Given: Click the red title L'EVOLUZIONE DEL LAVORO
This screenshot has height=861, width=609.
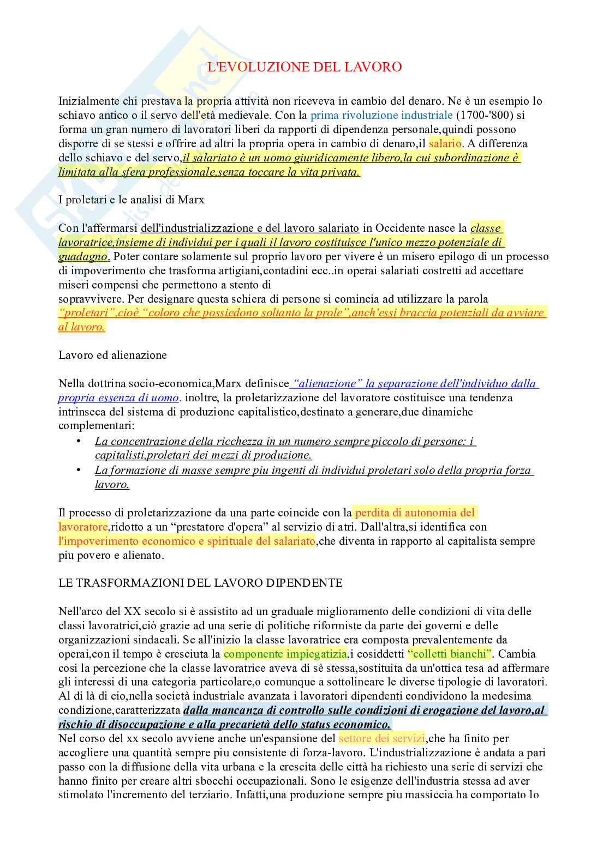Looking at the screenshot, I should click(305, 67).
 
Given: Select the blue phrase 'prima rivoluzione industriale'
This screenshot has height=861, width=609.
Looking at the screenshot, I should click(381, 115).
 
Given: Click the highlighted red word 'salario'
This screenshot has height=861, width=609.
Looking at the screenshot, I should click(445, 143).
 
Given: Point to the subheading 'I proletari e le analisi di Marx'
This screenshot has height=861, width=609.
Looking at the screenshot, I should click(132, 200).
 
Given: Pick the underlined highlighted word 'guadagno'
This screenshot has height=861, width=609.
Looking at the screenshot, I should click(83, 256).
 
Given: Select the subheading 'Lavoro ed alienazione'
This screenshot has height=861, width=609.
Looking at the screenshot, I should click(112, 355).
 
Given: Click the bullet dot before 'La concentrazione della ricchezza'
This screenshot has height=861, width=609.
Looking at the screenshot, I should click(79, 441).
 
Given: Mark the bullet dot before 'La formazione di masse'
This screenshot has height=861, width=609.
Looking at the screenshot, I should click(79, 469).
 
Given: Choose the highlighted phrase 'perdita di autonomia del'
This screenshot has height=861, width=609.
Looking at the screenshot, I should click(415, 513).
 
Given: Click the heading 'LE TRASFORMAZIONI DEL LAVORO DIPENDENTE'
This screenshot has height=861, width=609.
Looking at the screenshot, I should click(200, 583).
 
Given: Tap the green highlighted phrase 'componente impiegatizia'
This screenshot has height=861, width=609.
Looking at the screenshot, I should click(285, 654).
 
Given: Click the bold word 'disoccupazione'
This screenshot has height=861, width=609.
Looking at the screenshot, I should click(138, 725).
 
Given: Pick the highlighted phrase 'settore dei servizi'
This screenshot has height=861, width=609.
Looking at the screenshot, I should click(381, 739).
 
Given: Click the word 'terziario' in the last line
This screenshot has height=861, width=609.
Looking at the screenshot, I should click(205, 795).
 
